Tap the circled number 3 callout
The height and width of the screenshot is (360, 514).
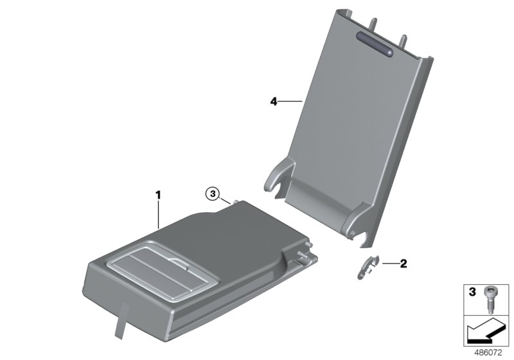(x=212, y=192)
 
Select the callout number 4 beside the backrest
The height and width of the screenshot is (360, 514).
(x=273, y=102)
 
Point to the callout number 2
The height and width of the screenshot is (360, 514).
(x=403, y=263)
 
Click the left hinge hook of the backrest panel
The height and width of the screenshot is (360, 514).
(x=276, y=177)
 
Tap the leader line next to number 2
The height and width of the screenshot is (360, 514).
(x=389, y=263)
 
